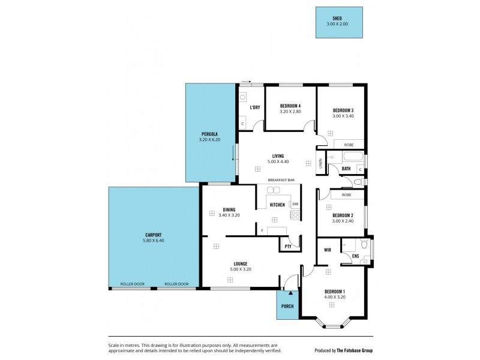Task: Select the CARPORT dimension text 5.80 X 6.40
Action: click(x=154, y=241)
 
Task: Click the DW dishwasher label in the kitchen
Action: click(x=295, y=204)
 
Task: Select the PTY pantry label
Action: click(x=288, y=246)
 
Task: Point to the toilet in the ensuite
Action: click(x=364, y=245)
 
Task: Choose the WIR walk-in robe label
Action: click(x=328, y=250)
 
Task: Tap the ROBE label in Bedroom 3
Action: click(x=348, y=145)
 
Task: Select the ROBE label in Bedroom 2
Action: click(x=346, y=195)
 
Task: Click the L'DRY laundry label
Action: click(x=254, y=107)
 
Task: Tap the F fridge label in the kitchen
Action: click(x=262, y=230)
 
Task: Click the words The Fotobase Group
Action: click(x=356, y=350)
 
